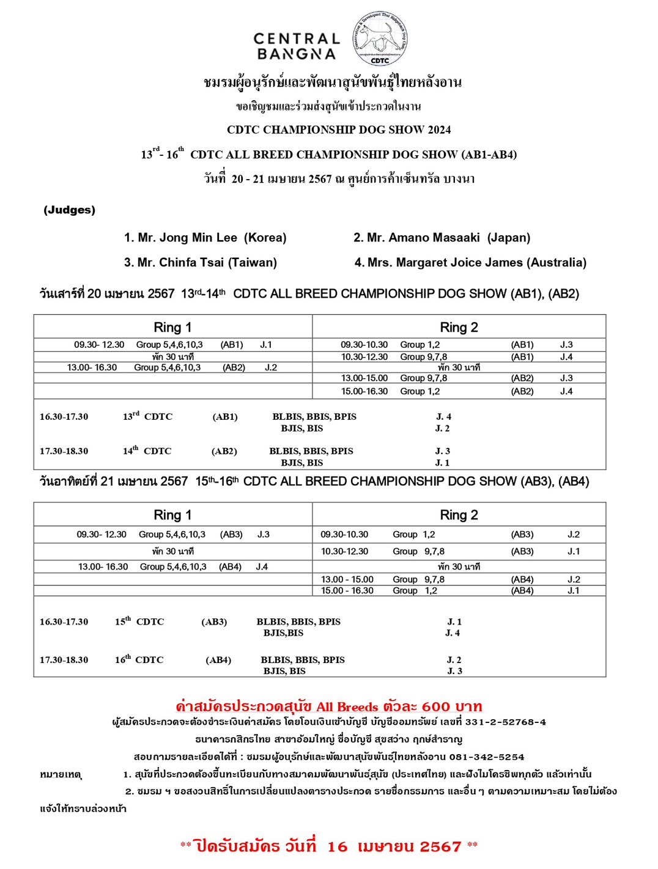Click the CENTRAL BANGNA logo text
point(297,46)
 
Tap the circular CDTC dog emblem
point(380,38)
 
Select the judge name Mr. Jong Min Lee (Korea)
point(205,238)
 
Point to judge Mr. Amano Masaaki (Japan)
point(442,238)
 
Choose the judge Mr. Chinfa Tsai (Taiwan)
point(200,263)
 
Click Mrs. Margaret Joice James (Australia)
point(470,263)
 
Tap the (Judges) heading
point(69,210)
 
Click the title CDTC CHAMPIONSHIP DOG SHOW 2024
point(339,130)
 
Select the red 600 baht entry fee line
point(328,707)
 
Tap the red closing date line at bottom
point(328,846)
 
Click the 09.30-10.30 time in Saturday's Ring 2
point(364,345)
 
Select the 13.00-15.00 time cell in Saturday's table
point(364,378)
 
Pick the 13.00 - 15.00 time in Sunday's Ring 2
point(347,579)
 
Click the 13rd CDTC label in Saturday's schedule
point(147,417)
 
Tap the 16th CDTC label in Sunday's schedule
point(139,660)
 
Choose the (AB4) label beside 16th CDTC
point(218,660)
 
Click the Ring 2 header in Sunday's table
point(459,515)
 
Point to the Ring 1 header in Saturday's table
point(172,328)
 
